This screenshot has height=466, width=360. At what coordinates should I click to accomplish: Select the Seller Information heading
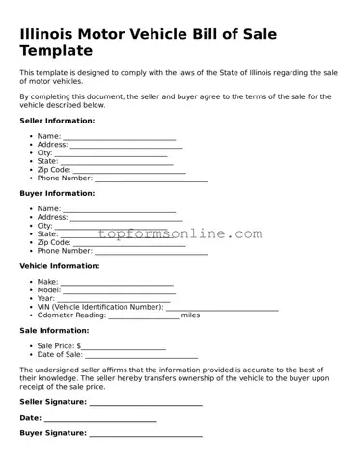57,121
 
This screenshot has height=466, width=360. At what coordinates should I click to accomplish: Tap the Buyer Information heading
57,193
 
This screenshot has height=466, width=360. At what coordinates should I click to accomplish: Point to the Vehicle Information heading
59,265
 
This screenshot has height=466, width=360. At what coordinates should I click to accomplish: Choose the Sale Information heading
54,330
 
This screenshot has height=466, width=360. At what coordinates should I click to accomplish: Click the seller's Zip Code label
54,170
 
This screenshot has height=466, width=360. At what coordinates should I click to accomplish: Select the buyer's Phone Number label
65,251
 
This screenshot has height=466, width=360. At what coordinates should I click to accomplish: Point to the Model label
48,290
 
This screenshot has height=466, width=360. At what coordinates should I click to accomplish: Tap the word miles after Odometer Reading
190,315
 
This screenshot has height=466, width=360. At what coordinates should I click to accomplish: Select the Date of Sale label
61,355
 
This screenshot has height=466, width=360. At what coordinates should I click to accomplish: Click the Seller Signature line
146,404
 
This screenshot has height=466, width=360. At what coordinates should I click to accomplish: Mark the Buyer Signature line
146,436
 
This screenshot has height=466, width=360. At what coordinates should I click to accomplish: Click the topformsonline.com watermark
180,234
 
